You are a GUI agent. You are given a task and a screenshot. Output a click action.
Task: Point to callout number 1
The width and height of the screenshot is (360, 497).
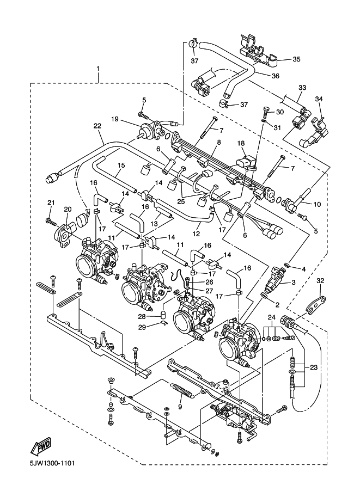(x=98, y=69)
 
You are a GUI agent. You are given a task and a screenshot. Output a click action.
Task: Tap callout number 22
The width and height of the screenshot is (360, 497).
(x=97, y=126)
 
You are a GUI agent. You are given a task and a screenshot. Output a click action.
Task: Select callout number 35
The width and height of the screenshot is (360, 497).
(x=296, y=59)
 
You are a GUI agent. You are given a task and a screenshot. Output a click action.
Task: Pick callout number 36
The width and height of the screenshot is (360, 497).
(x=275, y=76)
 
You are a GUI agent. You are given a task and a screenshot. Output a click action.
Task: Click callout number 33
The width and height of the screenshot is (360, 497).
(x=302, y=87)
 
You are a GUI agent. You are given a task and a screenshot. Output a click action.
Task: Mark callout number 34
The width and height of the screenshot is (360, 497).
(x=319, y=99)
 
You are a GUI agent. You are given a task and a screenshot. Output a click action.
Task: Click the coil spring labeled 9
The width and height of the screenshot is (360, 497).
(x=183, y=390)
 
